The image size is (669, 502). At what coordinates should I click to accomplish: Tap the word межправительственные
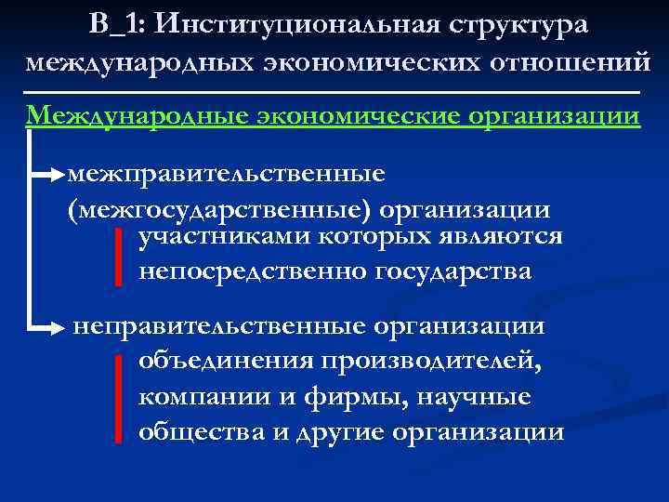pyautogui.click(x=227, y=174)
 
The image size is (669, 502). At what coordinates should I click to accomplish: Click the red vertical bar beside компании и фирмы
pyautogui.click(x=120, y=397)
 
